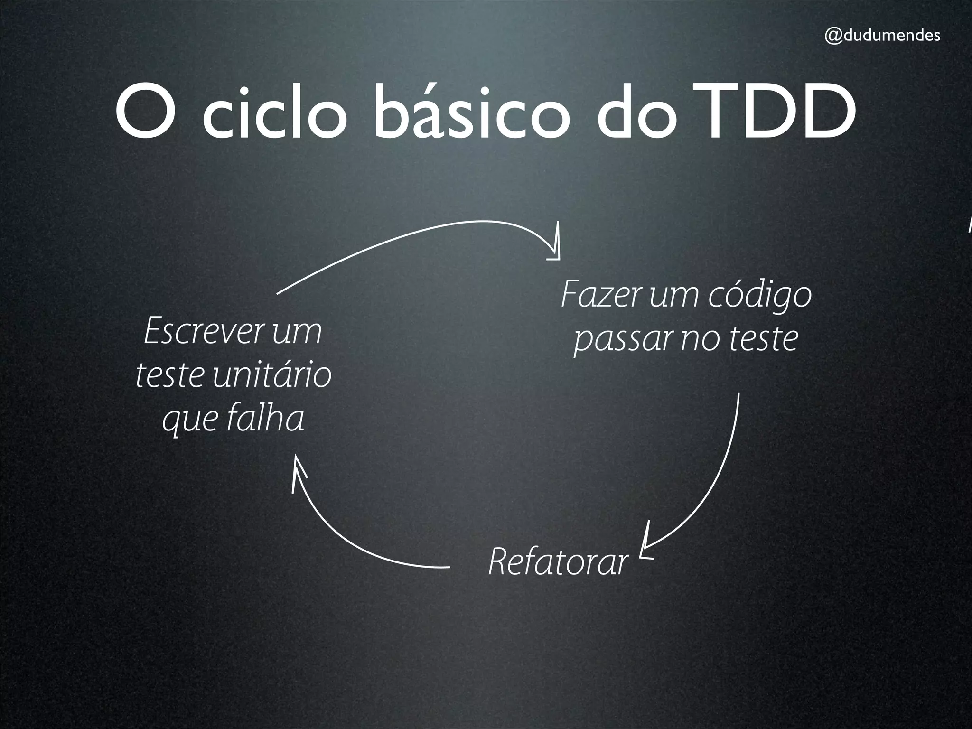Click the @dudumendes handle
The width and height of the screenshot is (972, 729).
pyautogui.click(x=882, y=36)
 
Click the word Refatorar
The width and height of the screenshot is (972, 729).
pyautogui.click(x=558, y=562)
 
